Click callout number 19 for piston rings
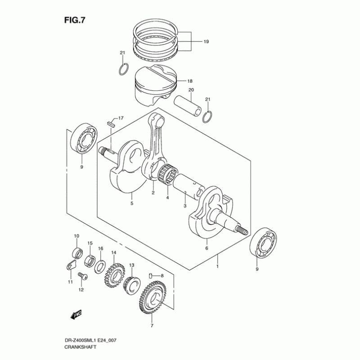206,42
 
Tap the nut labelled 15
89,259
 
